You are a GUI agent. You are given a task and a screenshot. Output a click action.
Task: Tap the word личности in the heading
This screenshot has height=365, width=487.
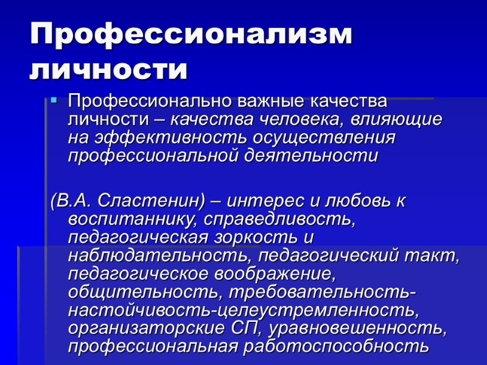point(108,71)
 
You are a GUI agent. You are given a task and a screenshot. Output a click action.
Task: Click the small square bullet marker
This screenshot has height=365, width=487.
point(54,99)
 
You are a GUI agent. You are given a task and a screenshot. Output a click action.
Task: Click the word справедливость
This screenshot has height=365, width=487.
point(280,218)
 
